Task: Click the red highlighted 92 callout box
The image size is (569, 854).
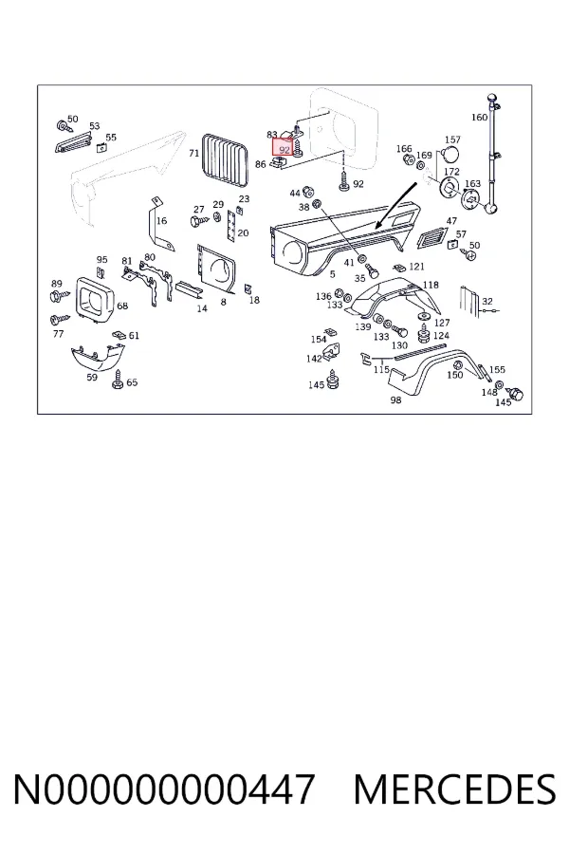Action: click(x=284, y=148)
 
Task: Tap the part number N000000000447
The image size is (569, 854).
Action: click(x=163, y=789)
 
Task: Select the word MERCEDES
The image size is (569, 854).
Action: click(x=454, y=789)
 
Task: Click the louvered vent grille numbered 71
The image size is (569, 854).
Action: click(x=226, y=160)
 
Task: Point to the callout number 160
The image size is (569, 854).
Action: click(x=479, y=117)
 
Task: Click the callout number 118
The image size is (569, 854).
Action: click(x=431, y=285)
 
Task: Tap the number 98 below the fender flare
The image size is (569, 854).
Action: click(x=395, y=399)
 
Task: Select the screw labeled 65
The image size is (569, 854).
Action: click(x=117, y=381)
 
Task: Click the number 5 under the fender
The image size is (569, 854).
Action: click(x=332, y=274)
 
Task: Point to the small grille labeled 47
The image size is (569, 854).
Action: click(x=431, y=237)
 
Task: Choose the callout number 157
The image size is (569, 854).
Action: click(x=452, y=139)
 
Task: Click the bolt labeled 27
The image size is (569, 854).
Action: click(x=199, y=221)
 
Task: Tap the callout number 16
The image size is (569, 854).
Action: click(x=162, y=220)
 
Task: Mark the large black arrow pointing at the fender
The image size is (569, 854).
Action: click(x=397, y=205)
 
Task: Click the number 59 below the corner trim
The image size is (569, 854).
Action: click(x=92, y=377)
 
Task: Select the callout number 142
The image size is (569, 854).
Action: click(x=314, y=359)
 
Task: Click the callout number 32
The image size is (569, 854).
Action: click(x=487, y=301)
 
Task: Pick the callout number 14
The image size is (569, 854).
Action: click(x=202, y=308)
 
